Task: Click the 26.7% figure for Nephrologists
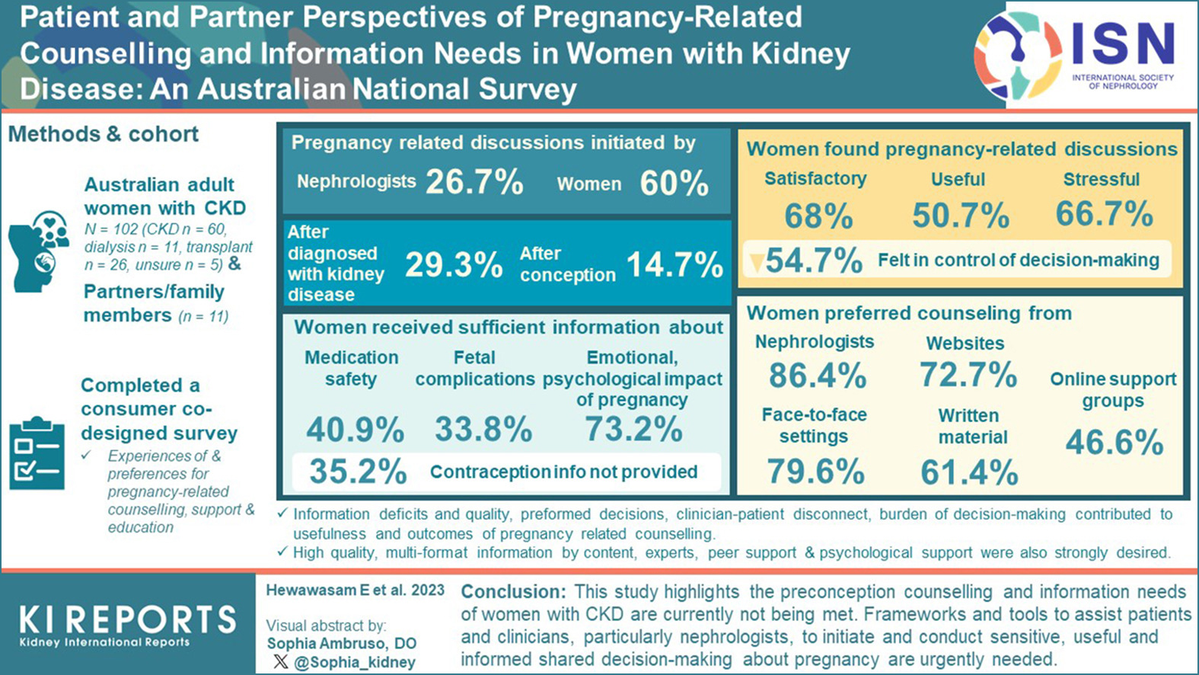[x=474, y=183]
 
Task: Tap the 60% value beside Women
[x=674, y=184]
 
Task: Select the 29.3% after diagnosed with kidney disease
[x=454, y=264]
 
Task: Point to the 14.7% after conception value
[x=674, y=265]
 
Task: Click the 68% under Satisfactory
[x=818, y=216]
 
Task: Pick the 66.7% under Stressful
[x=1104, y=214]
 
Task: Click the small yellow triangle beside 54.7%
[x=756, y=263]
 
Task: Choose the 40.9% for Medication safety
[x=356, y=430]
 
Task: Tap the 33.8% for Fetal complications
[x=483, y=430]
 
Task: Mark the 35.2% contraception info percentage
[x=358, y=472]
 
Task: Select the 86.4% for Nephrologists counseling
[x=817, y=376]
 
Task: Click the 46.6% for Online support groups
[x=1114, y=443]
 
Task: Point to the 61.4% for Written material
[x=969, y=472]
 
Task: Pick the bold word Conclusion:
[x=513, y=592]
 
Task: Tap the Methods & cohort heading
[x=104, y=134]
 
